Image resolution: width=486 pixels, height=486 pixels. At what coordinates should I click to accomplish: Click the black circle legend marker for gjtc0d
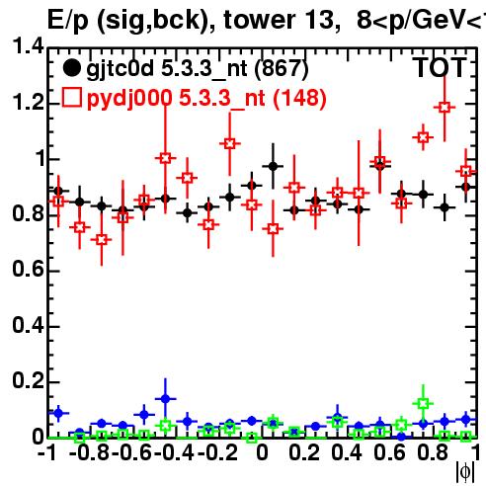(x=71, y=68)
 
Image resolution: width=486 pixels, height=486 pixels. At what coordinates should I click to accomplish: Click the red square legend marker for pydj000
(x=71, y=97)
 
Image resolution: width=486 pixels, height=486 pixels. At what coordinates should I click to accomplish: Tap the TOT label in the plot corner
(x=441, y=68)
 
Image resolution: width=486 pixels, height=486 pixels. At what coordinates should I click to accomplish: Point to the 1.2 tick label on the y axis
(x=28, y=102)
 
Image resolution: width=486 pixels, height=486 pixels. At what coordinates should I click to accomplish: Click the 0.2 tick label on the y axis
(x=28, y=380)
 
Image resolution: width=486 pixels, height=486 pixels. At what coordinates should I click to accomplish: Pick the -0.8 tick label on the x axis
(x=90, y=452)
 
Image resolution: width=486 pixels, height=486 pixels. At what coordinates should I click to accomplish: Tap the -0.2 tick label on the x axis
(x=217, y=452)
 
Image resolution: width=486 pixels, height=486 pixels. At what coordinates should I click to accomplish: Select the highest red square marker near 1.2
(x=445, y=108)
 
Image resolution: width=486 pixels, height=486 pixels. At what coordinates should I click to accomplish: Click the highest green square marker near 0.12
(x=423, y=403)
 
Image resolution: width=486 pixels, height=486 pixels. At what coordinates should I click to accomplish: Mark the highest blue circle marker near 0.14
(x=166, y=399)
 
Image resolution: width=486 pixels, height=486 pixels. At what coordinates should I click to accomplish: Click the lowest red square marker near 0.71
(x=102, y=240)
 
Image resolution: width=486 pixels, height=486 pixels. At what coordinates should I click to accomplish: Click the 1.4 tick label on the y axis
(x=28, y=46)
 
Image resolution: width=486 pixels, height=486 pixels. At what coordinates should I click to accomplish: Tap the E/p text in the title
(x=68, y=21)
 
